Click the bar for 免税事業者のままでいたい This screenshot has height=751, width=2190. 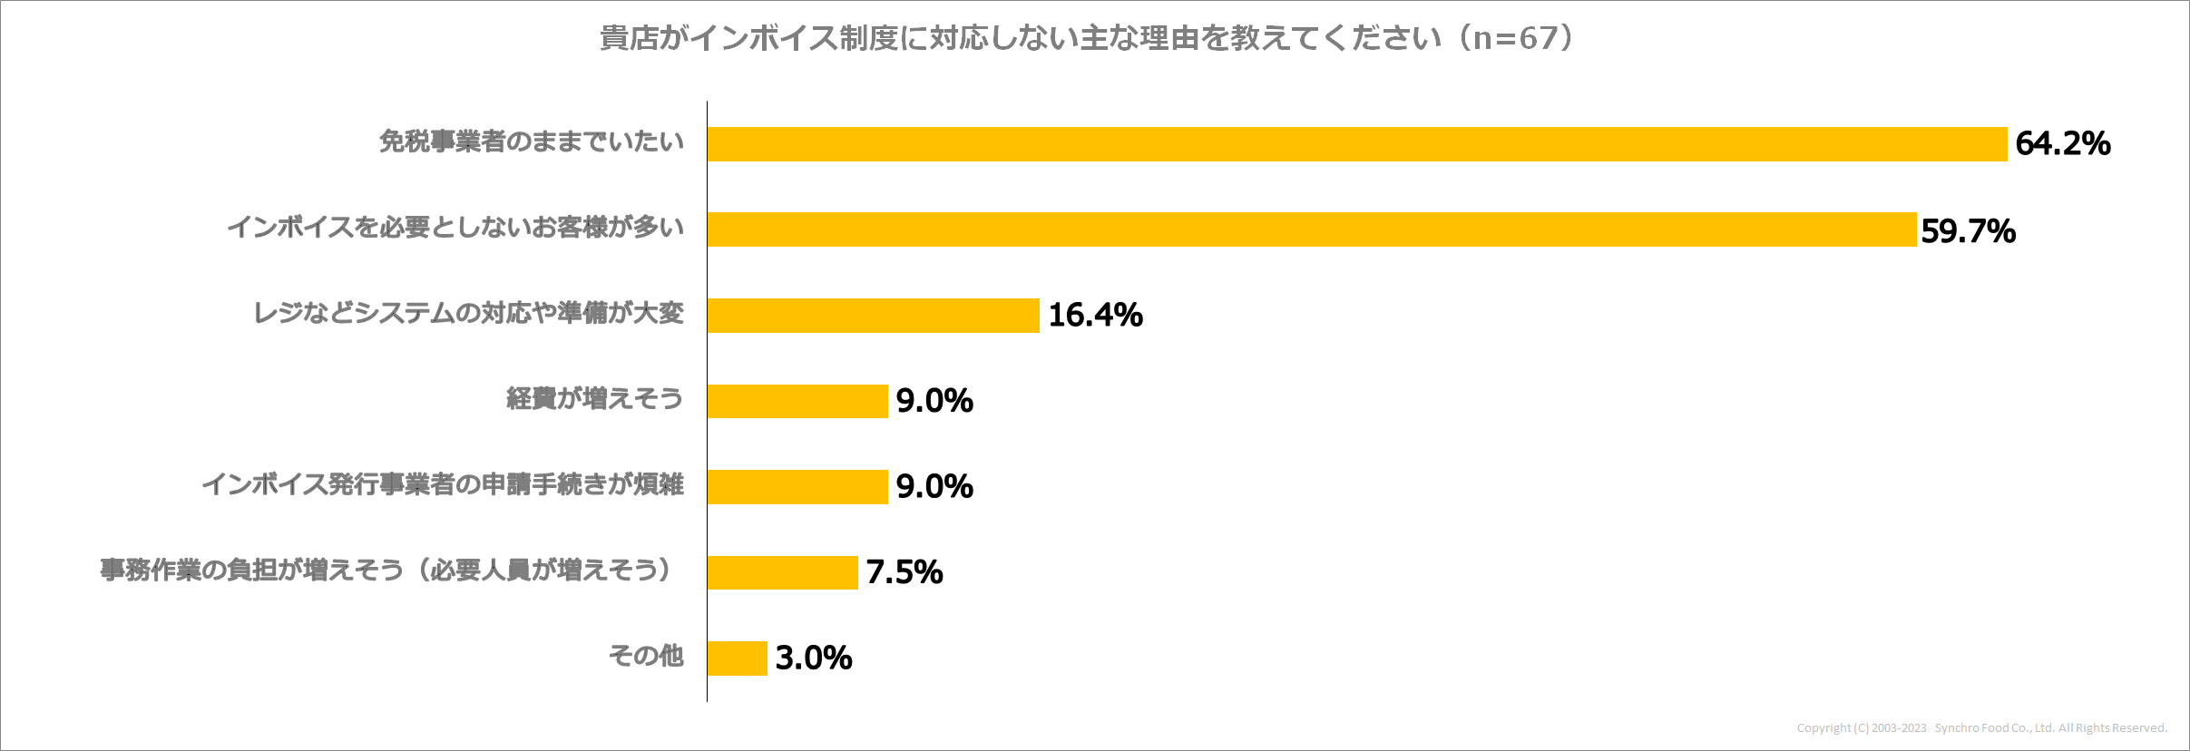(1356, 144)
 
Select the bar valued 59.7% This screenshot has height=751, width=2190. (1311, 229)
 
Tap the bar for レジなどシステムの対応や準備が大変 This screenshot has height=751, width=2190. (873, 316)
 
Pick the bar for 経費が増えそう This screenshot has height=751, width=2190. (797, 401)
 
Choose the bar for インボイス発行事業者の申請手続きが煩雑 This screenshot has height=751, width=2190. (797, 487)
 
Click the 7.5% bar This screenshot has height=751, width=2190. (782, 572)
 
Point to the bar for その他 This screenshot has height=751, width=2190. (737, 658)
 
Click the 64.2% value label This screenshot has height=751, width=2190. (2062, 143)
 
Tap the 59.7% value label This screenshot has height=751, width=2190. (1968, 231)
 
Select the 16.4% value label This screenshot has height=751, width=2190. (1095, 315)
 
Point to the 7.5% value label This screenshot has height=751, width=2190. (904, 572)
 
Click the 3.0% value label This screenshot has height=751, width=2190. (813, 658)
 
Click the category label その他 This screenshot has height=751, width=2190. (645, 656)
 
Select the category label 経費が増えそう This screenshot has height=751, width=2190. (594, 399)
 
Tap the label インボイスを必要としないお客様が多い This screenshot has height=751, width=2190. (455, 227)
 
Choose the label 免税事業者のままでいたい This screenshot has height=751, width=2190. (531, 141)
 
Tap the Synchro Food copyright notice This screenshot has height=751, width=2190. (1981, 728)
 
